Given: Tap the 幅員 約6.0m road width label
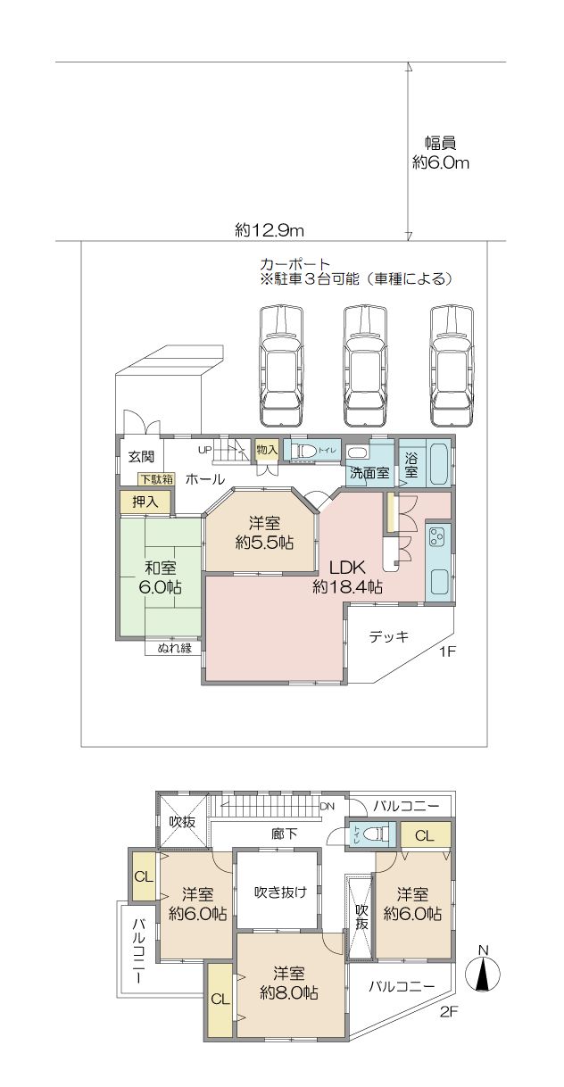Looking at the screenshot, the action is click(441, 153).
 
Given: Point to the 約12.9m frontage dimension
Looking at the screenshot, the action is click(270, 230).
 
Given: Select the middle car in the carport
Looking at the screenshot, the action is click(366, 367).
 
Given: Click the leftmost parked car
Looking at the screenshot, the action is click(282, 367).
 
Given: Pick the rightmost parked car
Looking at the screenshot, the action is click(452, 367).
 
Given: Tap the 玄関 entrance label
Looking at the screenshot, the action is click(141, 457).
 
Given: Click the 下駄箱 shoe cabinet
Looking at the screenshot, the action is click(156, 479).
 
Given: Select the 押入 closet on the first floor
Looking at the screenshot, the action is click(145, 502).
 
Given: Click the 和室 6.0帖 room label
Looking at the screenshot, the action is click(160, 577).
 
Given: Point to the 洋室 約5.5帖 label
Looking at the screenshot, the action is click(264, 533).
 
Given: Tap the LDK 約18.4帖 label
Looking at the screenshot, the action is click(347, 577).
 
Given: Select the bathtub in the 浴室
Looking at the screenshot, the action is click(439, 463).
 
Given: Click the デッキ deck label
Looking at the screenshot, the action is click(389, 636).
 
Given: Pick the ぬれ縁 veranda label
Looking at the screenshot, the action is click(175, 647).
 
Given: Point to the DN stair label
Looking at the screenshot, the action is click(328, 806).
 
